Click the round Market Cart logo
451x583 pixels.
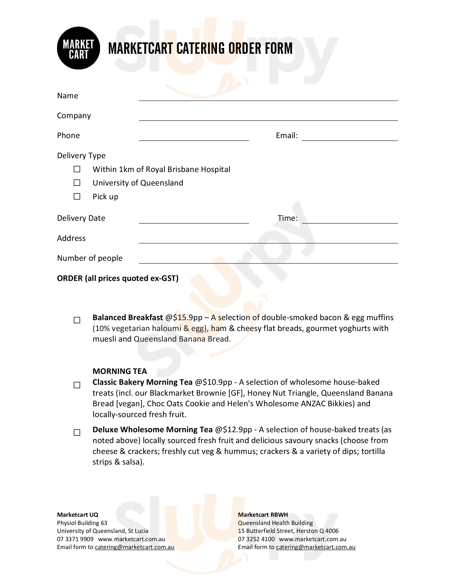78,48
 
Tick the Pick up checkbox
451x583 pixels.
77,196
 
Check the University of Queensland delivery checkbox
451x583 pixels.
77,183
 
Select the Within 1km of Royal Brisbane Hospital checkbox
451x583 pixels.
77,169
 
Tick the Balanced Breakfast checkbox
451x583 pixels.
77,320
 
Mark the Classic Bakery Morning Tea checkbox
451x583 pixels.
77,385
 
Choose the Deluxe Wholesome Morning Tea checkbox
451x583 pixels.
77,432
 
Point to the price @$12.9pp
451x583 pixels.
233,430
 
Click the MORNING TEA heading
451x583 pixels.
120,371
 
